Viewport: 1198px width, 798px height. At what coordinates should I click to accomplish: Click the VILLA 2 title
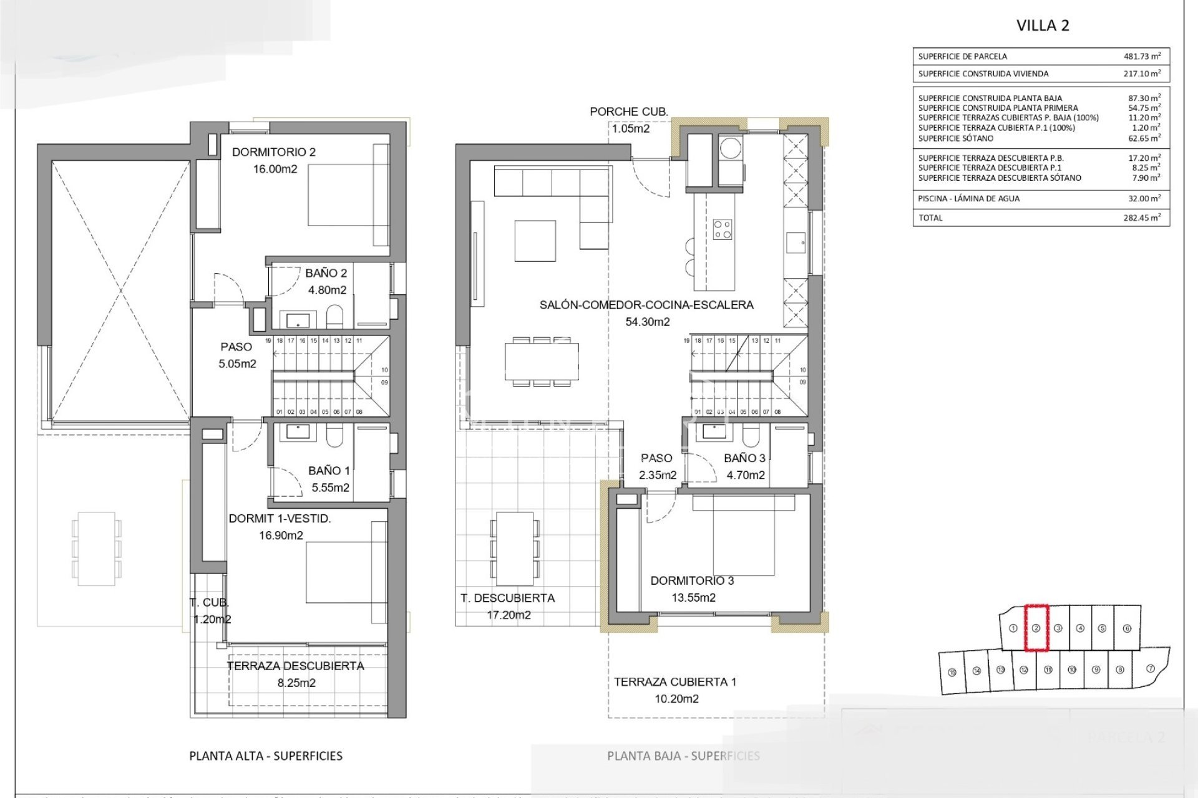1043,26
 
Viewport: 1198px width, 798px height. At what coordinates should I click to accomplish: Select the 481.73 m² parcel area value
1142,56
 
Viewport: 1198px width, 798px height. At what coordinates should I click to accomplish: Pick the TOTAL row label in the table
930,218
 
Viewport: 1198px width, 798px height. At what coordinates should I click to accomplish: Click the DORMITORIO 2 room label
274,152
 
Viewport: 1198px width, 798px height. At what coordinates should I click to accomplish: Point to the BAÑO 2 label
326,273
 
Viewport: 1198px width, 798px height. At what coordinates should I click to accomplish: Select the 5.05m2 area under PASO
237,363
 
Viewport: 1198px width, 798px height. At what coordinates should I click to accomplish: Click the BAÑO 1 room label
329,471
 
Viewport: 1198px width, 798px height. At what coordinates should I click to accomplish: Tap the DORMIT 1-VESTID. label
280,519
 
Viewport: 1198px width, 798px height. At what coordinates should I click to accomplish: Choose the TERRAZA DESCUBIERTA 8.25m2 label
296,666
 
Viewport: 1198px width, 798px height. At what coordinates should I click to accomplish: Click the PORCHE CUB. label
628,112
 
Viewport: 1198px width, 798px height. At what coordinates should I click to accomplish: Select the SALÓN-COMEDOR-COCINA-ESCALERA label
646,305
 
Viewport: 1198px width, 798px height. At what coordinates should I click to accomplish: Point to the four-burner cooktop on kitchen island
723,229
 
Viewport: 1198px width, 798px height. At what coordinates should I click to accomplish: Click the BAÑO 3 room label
744,458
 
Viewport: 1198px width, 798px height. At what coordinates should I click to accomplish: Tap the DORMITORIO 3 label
692,580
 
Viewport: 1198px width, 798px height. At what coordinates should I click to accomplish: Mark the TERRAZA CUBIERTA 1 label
675,682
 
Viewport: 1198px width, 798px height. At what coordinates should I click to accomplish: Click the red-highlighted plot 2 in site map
1036,628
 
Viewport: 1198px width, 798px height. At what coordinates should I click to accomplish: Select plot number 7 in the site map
1151,668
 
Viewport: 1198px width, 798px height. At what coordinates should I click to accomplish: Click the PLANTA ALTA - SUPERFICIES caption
266,756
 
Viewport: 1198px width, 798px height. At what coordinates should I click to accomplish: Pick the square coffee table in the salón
535,241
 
